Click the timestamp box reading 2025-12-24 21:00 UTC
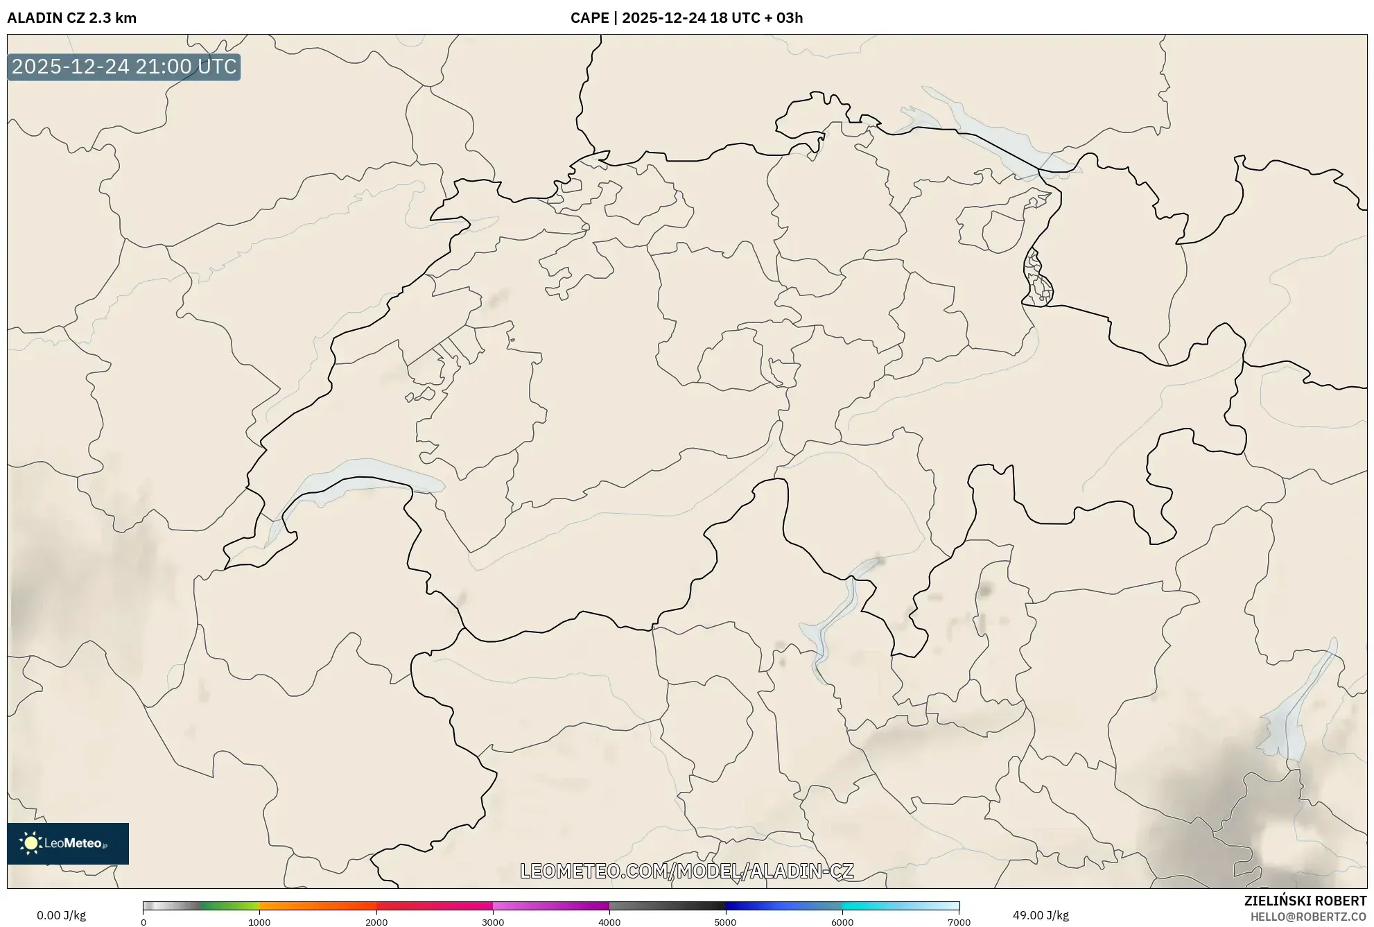click(124, 67)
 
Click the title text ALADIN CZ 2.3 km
click(72, 18)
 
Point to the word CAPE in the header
click(589, 18)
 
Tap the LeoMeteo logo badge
click(68, 843)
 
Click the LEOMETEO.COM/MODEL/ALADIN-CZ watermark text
click(686, 871)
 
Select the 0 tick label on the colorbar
click(144, 922)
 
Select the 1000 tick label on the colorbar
click(259, 922)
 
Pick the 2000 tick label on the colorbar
click(376, 922)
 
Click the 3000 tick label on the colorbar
click(493, 922)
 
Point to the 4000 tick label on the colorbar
click(609, 922)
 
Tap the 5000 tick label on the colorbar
click(725, 922)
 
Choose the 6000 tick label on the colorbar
click(842, 922)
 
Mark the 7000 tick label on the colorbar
click(959, 922)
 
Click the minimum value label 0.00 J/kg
click(62, 915)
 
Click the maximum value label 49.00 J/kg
click(1040, 915)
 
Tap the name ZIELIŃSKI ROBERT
click(1305, 901)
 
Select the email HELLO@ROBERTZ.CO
click(1307, 917)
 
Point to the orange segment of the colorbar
click(305, 906)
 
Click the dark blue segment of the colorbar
click(756, 906)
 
